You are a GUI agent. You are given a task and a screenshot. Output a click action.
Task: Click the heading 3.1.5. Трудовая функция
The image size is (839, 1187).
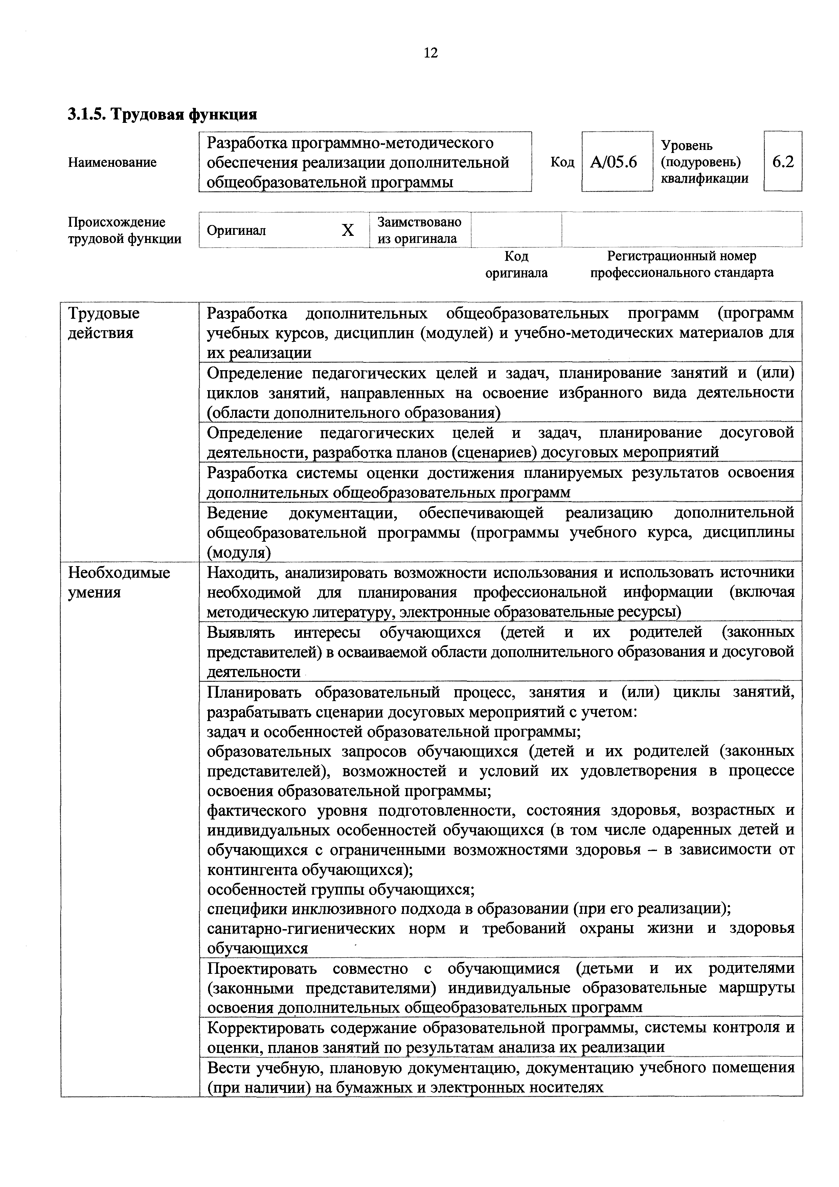(x=162, y=114)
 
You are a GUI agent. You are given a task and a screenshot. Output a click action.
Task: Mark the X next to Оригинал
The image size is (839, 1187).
(x=348, y=230)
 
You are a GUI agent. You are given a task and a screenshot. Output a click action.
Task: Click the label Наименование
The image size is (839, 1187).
(x=112, y=162)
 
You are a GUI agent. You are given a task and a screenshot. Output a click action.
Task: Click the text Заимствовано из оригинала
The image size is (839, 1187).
(x=419, y=230)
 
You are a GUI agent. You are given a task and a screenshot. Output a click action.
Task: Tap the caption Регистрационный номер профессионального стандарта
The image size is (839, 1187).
(x=681, y=264)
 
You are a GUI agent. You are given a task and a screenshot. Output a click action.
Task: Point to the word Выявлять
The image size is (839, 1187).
(x=241, y=632)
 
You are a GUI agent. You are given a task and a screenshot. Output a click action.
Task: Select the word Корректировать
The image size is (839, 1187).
(x=265, y=1027)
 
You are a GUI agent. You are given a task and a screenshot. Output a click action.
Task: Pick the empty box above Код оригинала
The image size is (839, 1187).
(x=516, y=230)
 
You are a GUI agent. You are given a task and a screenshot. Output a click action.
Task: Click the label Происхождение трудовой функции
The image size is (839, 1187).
(x=124, y=230)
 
